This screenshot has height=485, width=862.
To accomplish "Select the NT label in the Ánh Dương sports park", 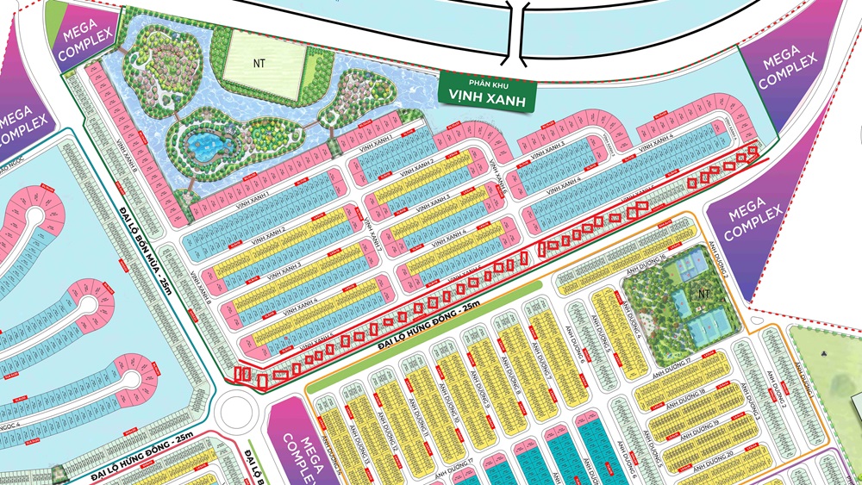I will tap(703, 293).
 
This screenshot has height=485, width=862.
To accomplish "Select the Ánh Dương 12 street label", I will tap(391, 431).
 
